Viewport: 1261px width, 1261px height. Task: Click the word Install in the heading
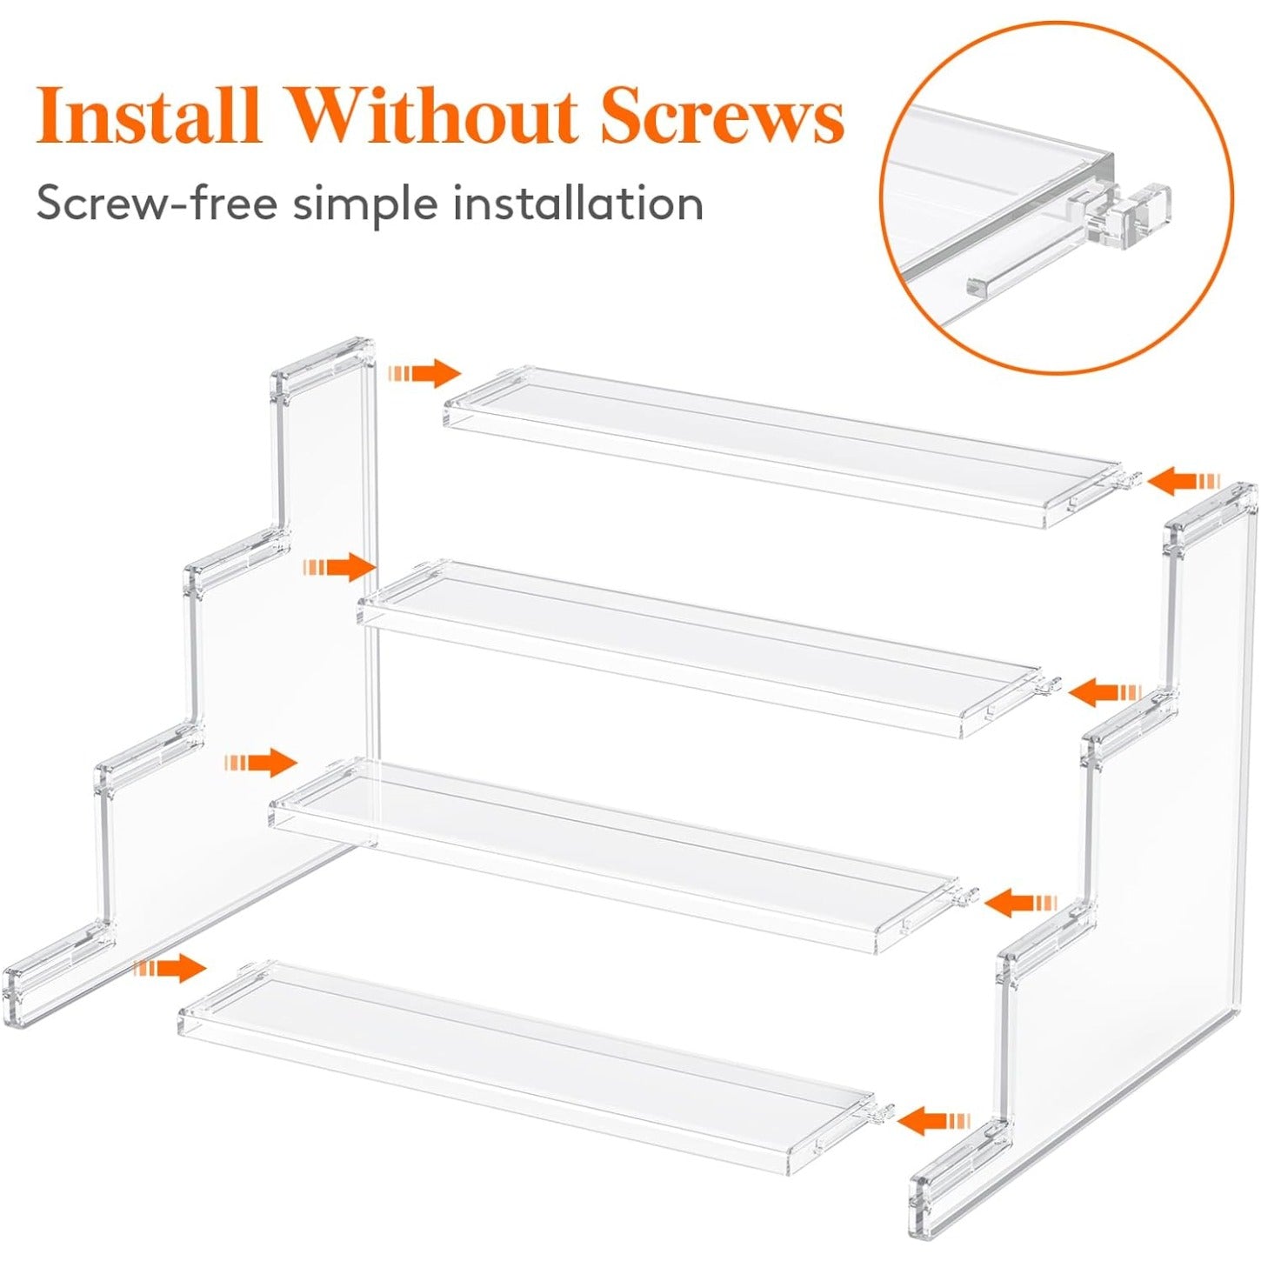pyautogui.click(x=149, y=116)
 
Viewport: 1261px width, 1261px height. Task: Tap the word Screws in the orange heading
pyautogui.click(x=721, y=116)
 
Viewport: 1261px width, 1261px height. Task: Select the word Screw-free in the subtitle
pyautogui.click(x=157, y=205)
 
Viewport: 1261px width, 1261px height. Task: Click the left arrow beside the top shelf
pyautogui.click(x=425, y=373)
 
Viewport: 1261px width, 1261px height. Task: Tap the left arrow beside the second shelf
pyautogui.click(x=339, y=568)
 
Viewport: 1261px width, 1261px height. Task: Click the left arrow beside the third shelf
pyautogui.click(x=261, y=763)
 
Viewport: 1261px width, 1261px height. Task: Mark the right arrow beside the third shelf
pyautogui.click(x=1020, y=903)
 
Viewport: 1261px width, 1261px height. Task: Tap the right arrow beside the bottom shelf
pyautogui.click(x=932, y=1120)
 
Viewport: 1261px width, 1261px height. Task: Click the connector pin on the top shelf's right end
pyautogui.click(x=1128, y=480)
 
